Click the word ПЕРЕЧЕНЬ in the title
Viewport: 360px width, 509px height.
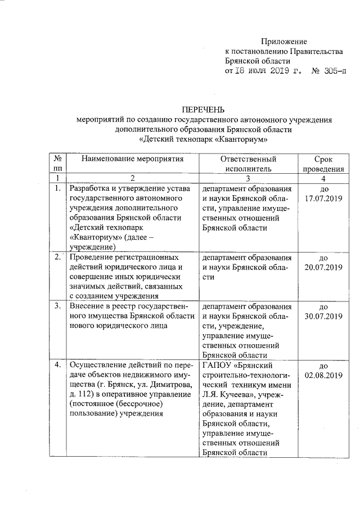(202, 109)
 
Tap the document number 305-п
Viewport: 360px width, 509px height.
(332, 71)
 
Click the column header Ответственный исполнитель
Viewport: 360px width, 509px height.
(248, 163)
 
